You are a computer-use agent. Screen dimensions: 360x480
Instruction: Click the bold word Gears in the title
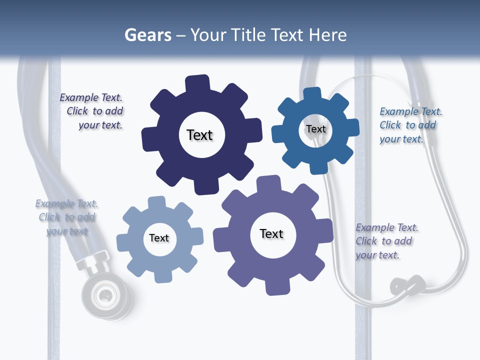[x=147, y=35]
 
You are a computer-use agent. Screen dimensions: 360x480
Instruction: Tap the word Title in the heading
[x=247, y=35]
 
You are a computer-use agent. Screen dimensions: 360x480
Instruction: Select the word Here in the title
[x=327, y=35]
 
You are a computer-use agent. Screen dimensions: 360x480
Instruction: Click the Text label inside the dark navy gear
[x=199, y=135]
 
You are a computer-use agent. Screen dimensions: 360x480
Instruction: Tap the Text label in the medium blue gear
[x=315, y=129]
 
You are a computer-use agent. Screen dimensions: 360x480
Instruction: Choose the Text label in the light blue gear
[x=159, y=238]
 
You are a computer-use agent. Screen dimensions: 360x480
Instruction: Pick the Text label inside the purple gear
[x=271, y=233]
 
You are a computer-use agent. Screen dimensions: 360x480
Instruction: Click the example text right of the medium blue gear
[x=410, y=125]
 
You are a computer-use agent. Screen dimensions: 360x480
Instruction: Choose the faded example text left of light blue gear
[x=66, y=217]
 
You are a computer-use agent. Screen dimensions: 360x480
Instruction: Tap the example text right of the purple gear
[x=386, y=241]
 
